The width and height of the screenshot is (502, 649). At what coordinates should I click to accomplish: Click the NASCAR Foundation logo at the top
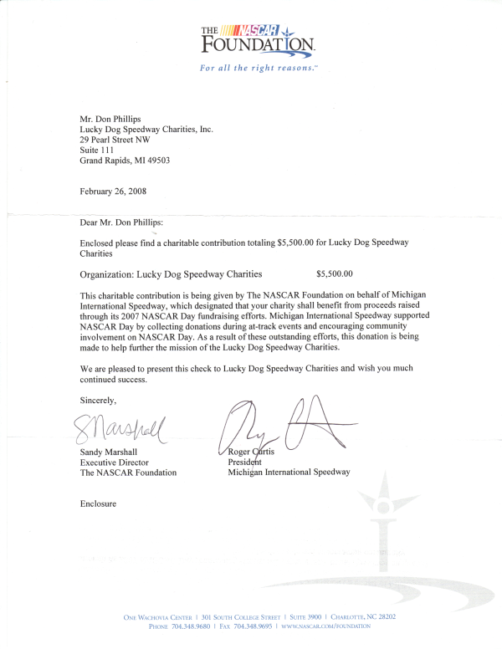click(258, 40)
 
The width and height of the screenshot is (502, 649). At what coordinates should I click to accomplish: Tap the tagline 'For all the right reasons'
click(259, 68)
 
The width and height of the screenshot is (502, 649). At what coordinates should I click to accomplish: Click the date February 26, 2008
click(113, 192)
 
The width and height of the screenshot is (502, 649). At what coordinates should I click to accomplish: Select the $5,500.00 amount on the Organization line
click(335, 273)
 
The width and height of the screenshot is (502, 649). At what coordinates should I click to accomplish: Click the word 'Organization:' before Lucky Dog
click(105, 273)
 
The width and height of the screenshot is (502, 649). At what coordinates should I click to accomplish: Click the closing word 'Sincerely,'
click(98, 401)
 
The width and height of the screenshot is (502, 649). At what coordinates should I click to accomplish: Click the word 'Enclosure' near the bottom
click(98, 503)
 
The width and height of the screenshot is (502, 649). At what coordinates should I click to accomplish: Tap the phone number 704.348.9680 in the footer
click(192, 626)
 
